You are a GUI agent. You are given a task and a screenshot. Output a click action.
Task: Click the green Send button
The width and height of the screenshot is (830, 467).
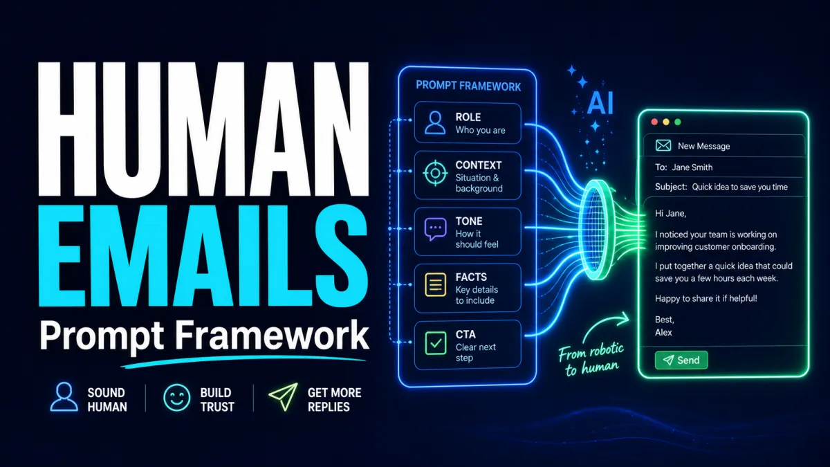point(681,360)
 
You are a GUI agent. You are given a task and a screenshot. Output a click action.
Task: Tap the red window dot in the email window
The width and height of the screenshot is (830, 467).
point(654,122)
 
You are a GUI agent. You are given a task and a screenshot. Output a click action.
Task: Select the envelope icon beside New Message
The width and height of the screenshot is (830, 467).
point(663,146)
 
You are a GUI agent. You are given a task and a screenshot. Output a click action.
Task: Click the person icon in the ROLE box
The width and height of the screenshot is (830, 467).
point(435,122)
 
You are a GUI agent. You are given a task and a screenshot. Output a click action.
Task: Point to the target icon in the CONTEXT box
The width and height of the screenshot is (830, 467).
point(435,173)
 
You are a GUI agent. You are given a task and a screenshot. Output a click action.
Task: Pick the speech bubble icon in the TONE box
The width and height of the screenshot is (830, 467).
point(435,230)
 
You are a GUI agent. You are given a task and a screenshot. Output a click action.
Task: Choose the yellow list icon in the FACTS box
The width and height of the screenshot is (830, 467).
point(435,284)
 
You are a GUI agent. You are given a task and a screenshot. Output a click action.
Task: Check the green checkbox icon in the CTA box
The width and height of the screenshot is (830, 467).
point(435,343)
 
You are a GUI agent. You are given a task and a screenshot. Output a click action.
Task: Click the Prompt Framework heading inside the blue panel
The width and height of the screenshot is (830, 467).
point(468,86)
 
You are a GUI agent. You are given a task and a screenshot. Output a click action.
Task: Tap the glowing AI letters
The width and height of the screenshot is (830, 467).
point(600,103)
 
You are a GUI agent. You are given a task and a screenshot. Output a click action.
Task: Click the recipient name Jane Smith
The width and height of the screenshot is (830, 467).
point(692,167)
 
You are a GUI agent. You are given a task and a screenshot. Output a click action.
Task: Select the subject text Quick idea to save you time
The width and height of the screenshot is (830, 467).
point(739,187)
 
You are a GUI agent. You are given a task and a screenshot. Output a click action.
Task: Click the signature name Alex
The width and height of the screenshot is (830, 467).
point(663,333)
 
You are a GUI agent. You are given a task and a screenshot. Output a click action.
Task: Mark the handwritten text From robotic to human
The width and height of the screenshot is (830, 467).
point(591,360)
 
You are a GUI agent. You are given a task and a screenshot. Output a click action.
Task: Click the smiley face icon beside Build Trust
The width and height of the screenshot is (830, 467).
point(177,398)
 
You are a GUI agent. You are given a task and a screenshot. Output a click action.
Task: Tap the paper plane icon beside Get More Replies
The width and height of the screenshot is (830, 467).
point(284,396)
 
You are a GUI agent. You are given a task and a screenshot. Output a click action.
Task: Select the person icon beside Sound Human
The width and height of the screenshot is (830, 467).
point(64,396)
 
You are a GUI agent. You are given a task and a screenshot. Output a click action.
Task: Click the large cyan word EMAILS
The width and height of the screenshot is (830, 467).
point(203,256)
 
